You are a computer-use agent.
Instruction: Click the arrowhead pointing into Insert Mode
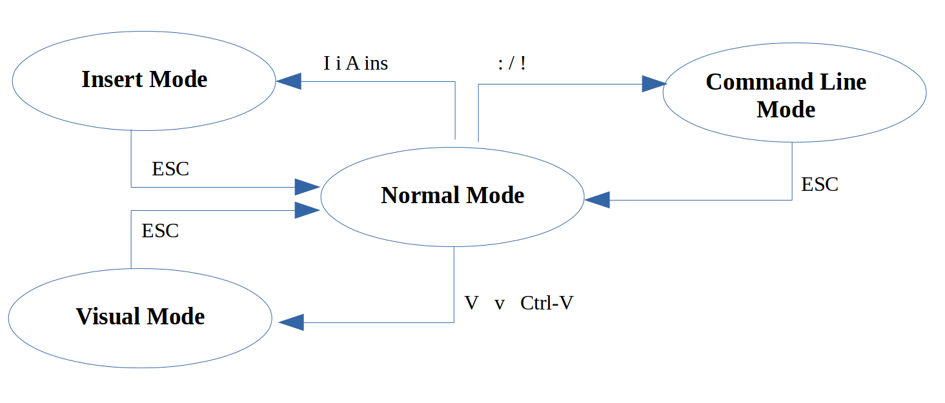289,81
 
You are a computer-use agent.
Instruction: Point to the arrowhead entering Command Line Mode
653,84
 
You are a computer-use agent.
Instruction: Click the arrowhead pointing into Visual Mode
291,322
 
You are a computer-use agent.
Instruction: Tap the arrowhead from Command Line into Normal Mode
597,200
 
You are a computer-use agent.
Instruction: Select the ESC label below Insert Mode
170,169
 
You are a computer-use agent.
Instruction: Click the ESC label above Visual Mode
160,231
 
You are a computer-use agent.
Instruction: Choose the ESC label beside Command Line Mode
819,184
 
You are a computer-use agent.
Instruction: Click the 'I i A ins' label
356,63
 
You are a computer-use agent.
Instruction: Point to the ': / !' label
512,63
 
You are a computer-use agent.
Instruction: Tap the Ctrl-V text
547,303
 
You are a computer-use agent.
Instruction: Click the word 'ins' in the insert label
376,63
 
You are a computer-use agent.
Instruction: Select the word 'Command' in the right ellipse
748,82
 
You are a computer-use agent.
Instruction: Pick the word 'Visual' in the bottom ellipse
107,317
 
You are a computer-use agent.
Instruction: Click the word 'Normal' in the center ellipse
420,195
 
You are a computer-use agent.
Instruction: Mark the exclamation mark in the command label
522,63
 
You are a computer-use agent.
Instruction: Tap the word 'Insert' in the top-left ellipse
112,79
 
